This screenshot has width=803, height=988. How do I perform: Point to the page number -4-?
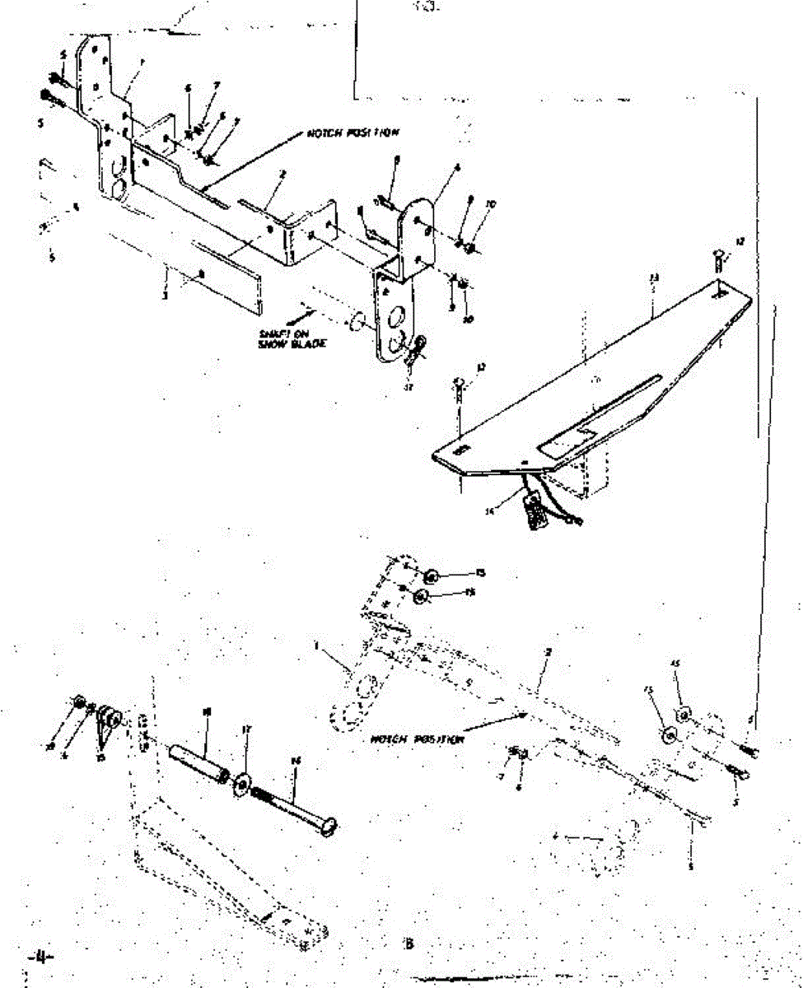pos(39,957)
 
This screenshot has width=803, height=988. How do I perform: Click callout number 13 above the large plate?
pos(653,279)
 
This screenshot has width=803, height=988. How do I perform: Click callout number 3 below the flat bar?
pos(165,294)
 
